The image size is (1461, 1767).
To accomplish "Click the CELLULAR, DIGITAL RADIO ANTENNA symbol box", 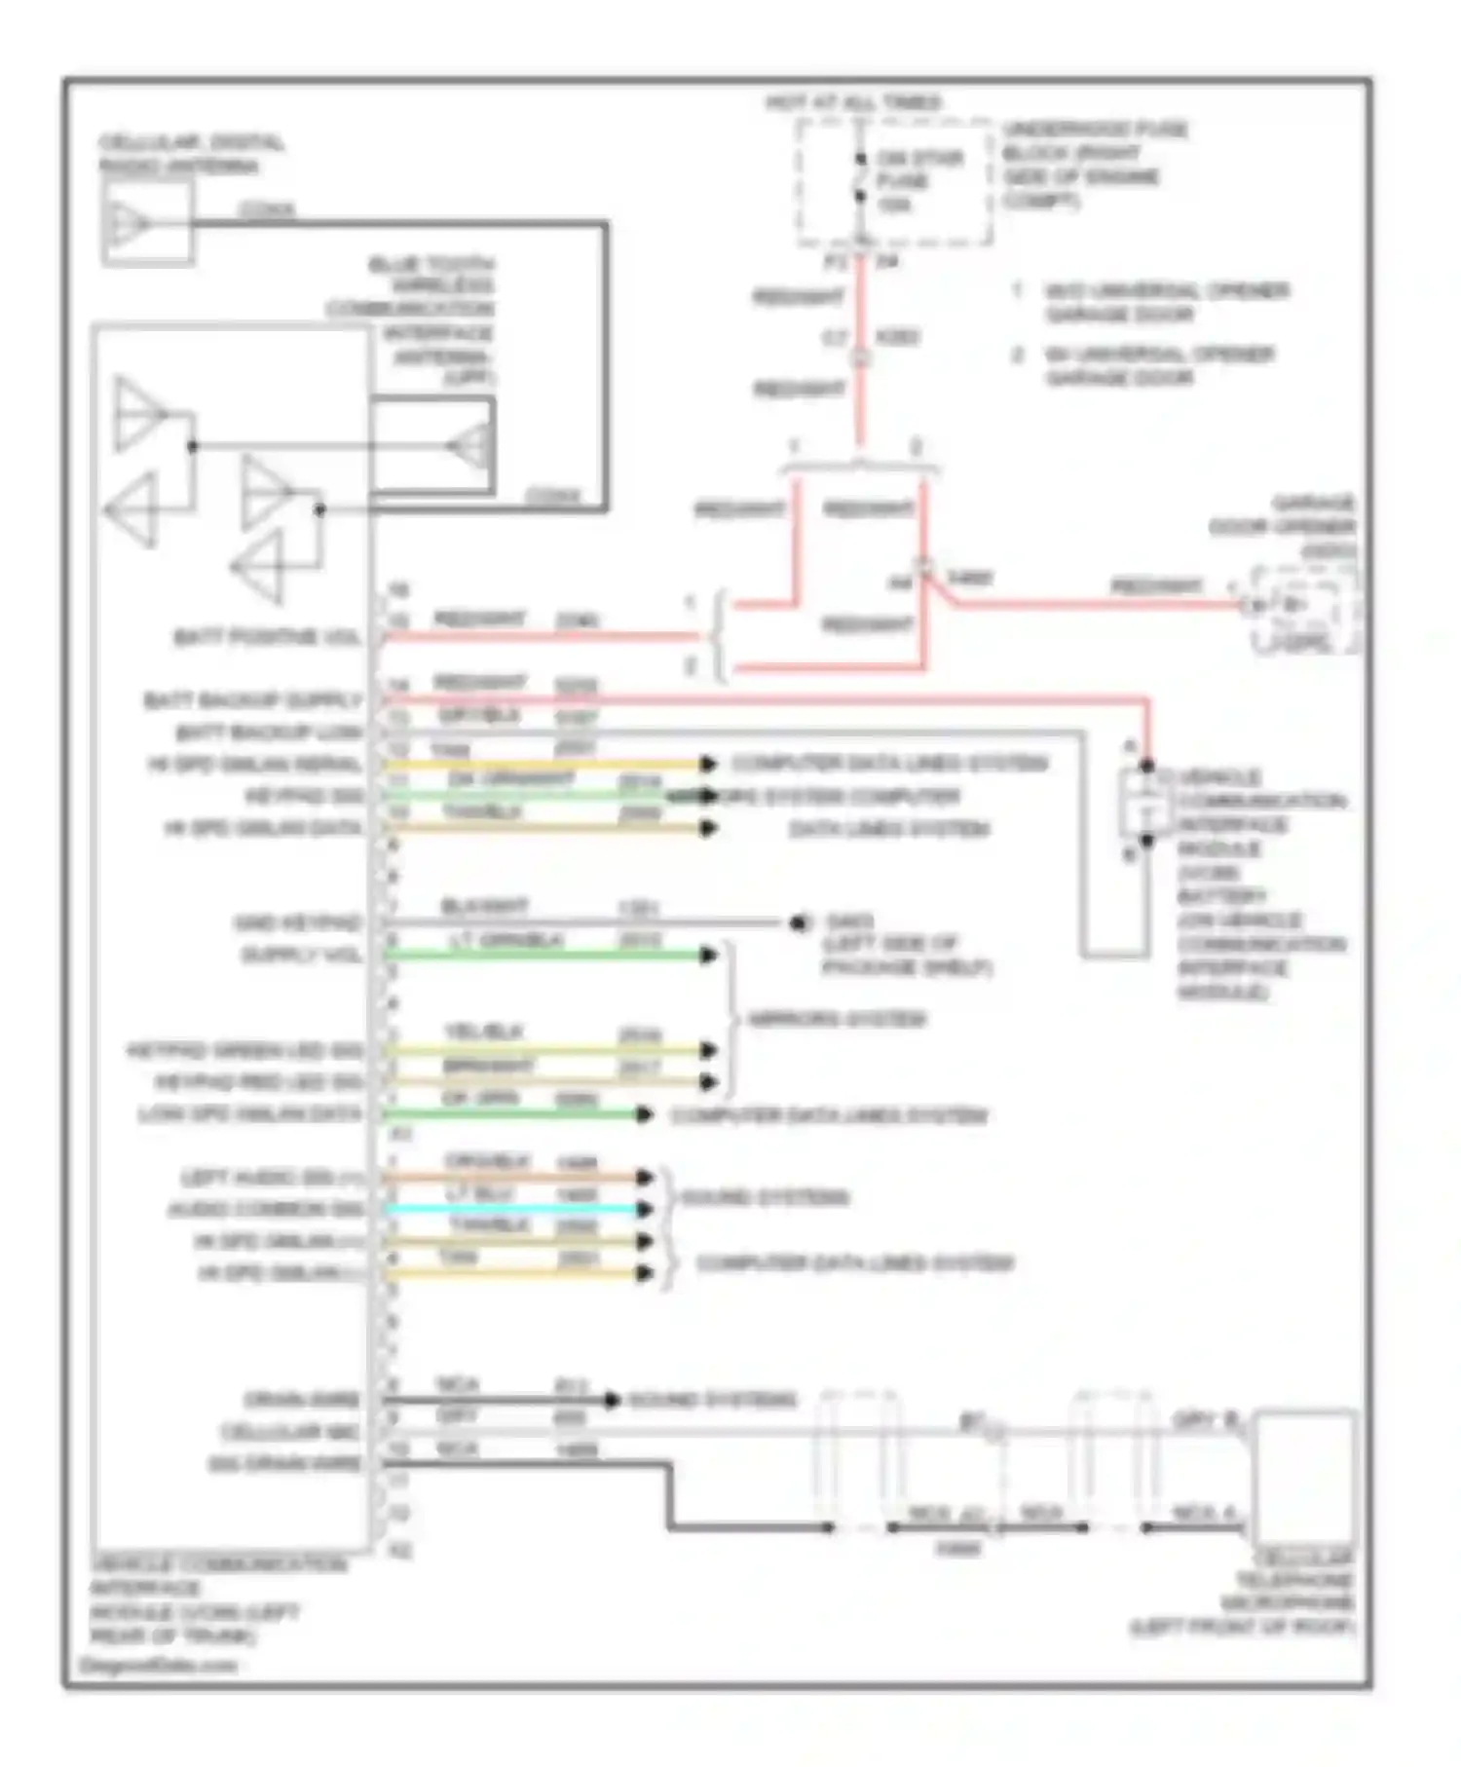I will point(147,224).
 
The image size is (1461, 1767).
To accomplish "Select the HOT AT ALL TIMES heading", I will point(853,102).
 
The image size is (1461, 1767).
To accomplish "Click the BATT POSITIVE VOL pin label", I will point(267,638).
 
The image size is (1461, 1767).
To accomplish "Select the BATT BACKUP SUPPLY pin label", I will point(252,701).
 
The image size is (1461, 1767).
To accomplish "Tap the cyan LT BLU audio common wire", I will point(516,1209).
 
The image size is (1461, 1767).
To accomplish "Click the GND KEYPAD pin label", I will point(297,922).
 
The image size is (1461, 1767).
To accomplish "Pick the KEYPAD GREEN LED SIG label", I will point(244,1051).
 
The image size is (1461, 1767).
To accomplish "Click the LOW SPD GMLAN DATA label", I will point(250,1114).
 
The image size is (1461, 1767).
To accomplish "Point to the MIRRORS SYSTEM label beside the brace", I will point(836,1020).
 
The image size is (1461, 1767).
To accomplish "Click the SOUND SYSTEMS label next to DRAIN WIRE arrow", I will point(713,1400).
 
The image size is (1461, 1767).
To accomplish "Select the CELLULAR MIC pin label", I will point(291,1432).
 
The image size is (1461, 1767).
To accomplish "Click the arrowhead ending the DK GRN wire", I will point(644,1114).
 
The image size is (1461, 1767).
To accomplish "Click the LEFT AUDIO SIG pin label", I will point(272,1178).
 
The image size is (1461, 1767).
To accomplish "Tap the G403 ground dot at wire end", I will point(799,922).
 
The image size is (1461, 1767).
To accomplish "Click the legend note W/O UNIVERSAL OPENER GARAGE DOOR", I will point(1165,303).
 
